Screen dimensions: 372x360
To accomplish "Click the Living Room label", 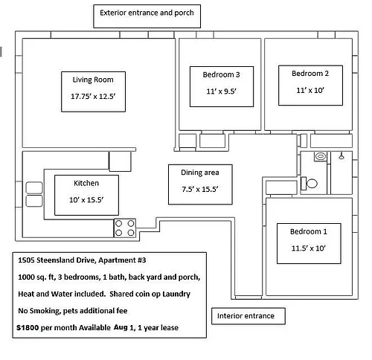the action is coord(93,80).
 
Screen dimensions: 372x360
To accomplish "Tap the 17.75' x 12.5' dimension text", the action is coord(93,96).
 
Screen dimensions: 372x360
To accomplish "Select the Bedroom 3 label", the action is coord(221,74).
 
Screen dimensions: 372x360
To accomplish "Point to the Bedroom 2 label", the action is coord(310,74).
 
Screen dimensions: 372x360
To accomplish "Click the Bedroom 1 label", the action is coord(309,231).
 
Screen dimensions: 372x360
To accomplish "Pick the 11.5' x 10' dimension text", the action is coord(308,248).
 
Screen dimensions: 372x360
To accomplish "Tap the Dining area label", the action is coord(200,173).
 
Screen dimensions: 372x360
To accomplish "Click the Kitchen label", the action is coord(86,183).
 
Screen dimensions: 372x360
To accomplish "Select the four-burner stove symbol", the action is coord(125,228).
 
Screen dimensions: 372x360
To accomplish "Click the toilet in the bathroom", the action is coord(309,184).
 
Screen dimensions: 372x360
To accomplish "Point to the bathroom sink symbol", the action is coord(321,156).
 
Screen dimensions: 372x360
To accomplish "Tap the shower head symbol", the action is coord(341,156).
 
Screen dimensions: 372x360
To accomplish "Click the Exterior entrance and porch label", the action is coord(147,13).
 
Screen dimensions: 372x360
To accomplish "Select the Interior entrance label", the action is coord(246,316).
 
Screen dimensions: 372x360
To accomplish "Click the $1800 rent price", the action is coord(28,327).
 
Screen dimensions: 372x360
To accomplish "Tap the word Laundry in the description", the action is coord(176,294).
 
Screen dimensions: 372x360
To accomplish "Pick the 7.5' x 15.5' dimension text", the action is coord(200,189).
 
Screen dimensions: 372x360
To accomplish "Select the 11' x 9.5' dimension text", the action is coord(221,91).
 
